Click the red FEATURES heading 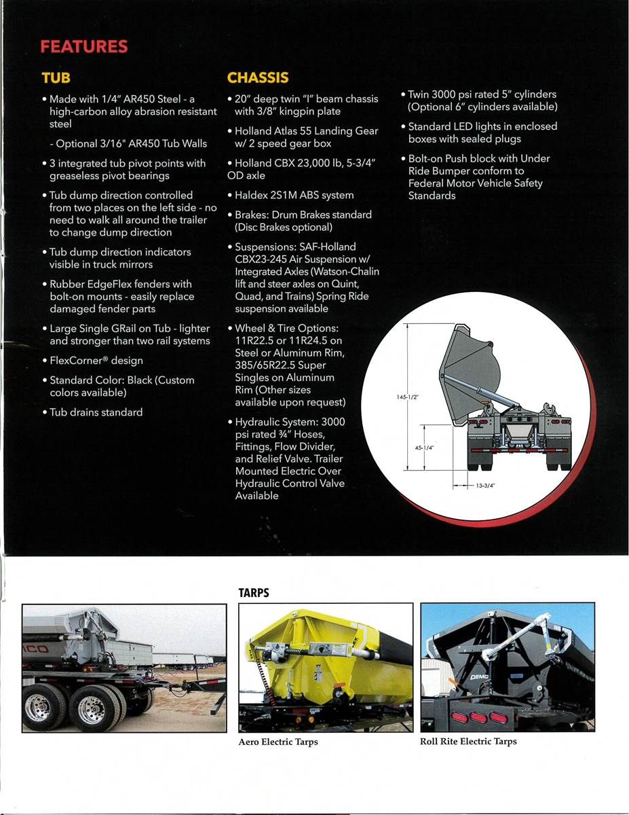[x=84, y=46]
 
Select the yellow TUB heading [x=56, y=77]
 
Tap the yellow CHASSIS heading [x=258, y=77]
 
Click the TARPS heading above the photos [x=254, y=593]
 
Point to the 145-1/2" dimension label [x=407, y=397]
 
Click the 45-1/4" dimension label [x=424, y=448]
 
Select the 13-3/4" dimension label [x=485, y=486]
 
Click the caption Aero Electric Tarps [x=278, y=742]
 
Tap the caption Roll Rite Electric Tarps [x=468, y=742]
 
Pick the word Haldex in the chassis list [x=249, y=195]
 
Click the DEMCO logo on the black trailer [x=479, y=677]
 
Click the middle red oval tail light [x=478, y=717]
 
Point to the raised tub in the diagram [x=470, y=374]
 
